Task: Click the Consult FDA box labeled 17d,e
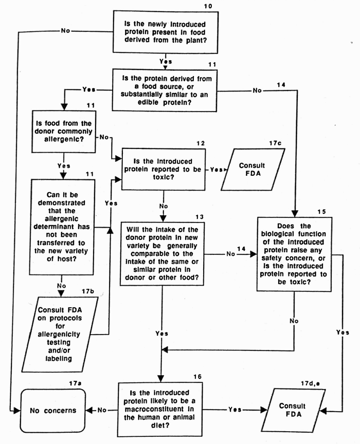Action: [x=291, y=410]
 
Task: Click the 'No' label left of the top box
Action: [x=65, y=31]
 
